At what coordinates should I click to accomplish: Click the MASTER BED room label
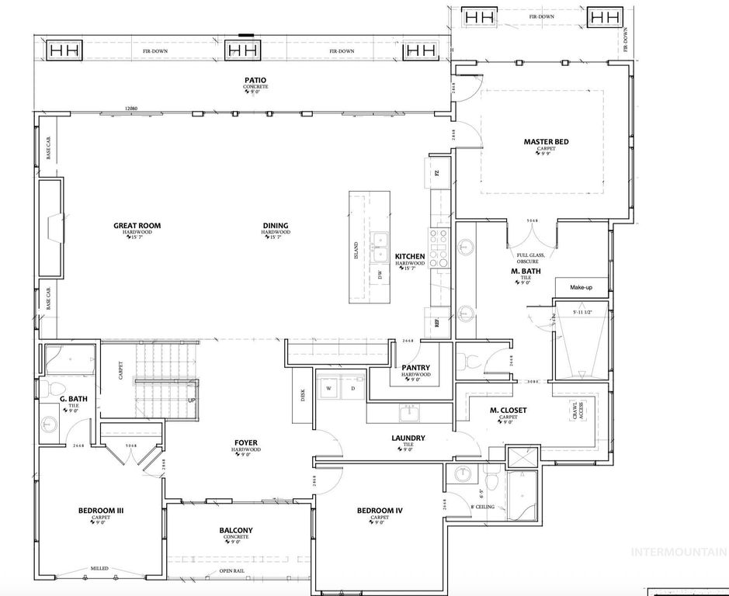[547, 141]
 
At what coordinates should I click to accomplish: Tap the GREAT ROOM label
[137, 226]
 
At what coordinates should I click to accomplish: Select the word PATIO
[256, 80]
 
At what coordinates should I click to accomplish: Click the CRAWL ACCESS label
[577, 411]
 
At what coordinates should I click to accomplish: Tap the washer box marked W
[328, 388]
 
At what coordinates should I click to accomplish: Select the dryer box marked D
[352, 388]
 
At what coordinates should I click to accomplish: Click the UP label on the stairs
[191, 400]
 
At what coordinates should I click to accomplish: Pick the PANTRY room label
[416, 368]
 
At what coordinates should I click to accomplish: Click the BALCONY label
[236, 531]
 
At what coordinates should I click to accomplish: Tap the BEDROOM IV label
[380, 510]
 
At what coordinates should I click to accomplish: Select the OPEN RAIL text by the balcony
[231, 572]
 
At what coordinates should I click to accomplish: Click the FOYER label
[246, 443]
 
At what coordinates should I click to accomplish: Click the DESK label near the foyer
[303, 395]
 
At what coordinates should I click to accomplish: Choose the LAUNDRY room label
[408, 438]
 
